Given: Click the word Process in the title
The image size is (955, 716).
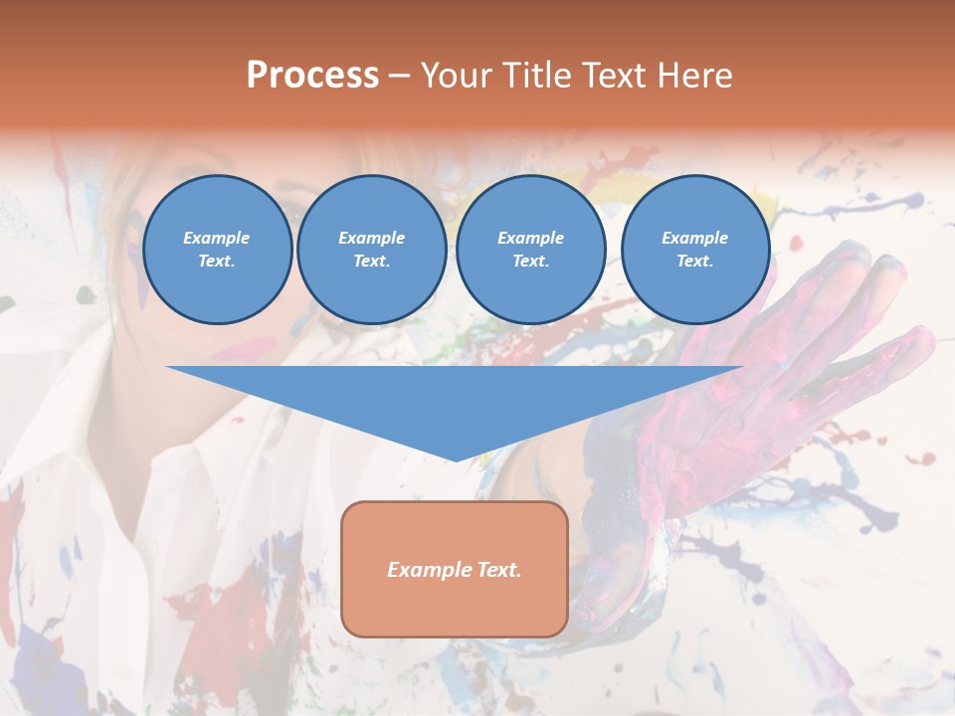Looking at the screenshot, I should coord(312,76).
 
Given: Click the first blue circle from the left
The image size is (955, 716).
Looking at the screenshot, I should coord(217,250).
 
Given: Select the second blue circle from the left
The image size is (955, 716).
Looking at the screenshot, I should coord(371,250).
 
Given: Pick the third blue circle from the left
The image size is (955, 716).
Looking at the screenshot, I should coord(530,250).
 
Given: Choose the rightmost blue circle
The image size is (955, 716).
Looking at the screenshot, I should coord(694,250).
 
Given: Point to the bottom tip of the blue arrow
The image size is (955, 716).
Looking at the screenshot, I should coord(456,459).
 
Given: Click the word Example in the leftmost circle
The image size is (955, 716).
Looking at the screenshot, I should coord(217,238).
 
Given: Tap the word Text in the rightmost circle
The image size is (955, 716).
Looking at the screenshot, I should coord(694,262).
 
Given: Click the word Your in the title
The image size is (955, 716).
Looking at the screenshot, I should coord(456,76).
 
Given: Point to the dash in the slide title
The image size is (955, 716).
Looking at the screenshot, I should coord(399,76).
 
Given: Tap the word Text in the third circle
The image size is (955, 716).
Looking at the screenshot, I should coord(530,262).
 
